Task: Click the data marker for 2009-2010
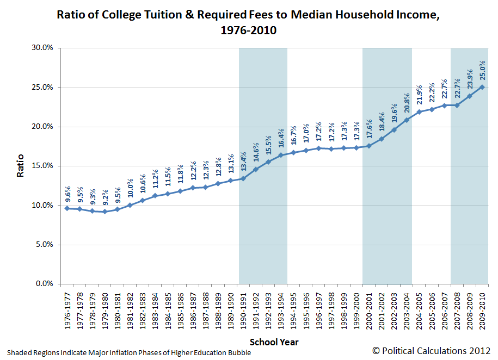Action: (x=482, y=87)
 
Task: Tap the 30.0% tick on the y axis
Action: (x=42, y=48)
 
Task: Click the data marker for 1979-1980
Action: (x=104, y=212)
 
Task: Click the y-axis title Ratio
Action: (x=21, y=166)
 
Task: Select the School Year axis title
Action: (x=274, y=343)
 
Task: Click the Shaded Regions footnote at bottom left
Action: (x=130, y=352)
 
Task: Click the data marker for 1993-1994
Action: (x=281, y=155)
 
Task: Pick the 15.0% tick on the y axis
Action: (x=42, y=166)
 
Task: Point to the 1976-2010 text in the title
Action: (x=249, y=30)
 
